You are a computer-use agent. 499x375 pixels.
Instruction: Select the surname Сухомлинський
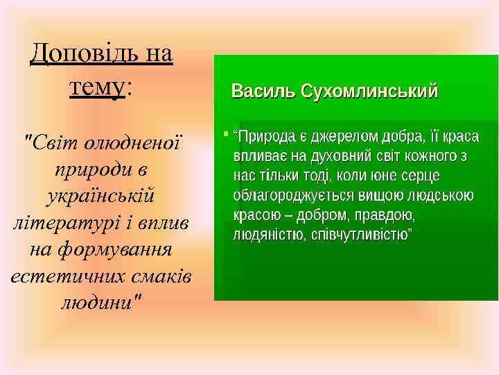[x=368, y=91]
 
